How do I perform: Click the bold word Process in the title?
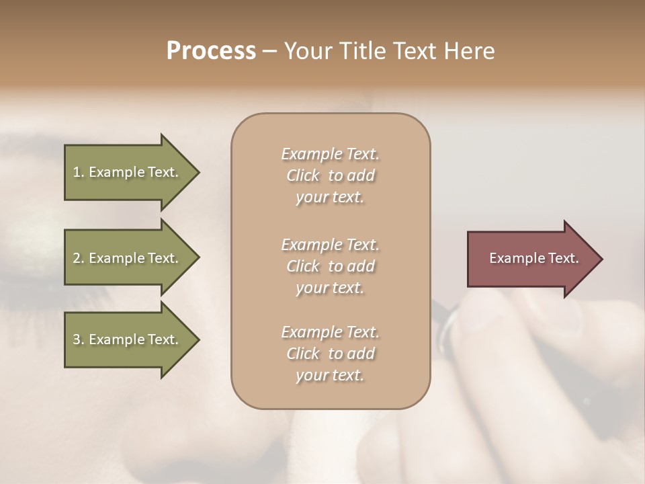click(211, 51)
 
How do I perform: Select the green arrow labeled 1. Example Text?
click(128, 172)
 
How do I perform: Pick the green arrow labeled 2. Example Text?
click(128, 258)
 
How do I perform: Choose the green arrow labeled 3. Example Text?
click(128, 339)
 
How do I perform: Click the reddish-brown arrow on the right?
click(531, 258)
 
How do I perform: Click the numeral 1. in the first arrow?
click(79, 172)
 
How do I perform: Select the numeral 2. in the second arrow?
click(79, 258)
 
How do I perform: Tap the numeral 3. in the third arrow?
click(79, 339)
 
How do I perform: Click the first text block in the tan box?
click(330, 175)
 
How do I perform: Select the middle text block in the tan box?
click(330, 266)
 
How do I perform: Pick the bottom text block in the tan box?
click(330, 354)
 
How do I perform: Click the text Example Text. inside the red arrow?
click(533, 258)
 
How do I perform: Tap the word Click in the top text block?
click(303, 175)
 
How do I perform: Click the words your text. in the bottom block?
click(330, 376)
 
